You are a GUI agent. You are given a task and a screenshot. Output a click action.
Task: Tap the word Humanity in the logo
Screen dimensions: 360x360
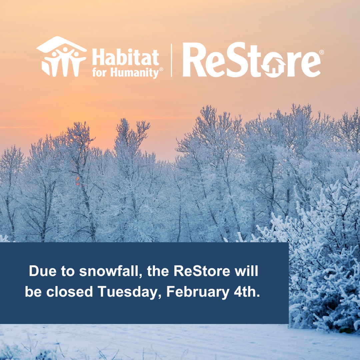[x=135, y=72]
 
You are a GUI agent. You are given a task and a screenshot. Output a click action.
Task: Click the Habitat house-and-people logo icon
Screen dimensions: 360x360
[x=61, y=56]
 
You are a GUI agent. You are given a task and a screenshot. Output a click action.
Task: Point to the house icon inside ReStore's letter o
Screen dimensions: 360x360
[x=273, y=67]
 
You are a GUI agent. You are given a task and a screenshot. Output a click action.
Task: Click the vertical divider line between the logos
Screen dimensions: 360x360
[x=172, y=60]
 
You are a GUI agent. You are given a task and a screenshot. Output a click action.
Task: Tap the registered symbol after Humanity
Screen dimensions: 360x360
[x=161, y=69]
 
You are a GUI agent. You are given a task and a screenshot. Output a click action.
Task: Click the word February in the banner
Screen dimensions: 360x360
[x=198, y=292]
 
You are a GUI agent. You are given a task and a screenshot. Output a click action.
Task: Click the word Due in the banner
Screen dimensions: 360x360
[x=43, y=271]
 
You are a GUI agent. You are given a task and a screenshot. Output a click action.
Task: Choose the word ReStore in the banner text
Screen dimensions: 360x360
[x=202, y=271]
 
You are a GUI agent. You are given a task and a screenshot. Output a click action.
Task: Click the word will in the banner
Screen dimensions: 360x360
[x=246, y=271]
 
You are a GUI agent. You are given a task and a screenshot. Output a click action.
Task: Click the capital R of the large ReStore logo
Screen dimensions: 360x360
[x=193, y=60]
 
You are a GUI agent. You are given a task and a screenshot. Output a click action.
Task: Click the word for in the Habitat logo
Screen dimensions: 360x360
[x=99, y=72]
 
